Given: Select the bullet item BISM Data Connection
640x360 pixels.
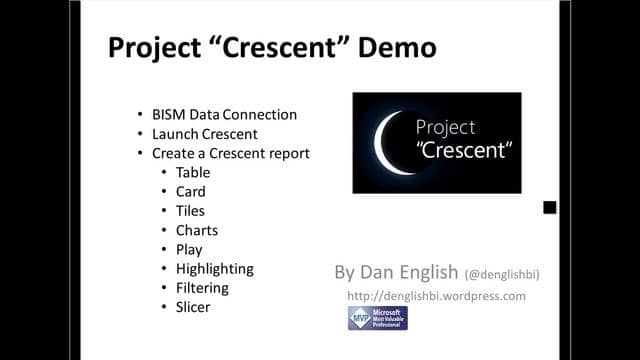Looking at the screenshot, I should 224,115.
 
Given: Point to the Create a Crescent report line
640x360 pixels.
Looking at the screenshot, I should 230,153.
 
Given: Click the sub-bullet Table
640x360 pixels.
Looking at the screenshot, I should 193,172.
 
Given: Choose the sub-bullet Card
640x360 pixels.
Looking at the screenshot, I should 190,191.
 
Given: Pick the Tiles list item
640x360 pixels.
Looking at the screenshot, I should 190,211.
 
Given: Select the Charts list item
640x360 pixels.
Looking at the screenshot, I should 196,230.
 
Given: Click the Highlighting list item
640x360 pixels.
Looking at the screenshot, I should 214,268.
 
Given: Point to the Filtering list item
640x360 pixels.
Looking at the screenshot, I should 202,288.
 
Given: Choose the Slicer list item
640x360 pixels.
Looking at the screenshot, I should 193,307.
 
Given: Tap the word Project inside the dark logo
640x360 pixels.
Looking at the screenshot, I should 446,128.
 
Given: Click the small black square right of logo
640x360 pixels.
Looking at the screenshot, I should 550,208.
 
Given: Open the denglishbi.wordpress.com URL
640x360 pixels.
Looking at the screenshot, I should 436,296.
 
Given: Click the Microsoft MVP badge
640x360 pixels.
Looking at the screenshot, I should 377,318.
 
